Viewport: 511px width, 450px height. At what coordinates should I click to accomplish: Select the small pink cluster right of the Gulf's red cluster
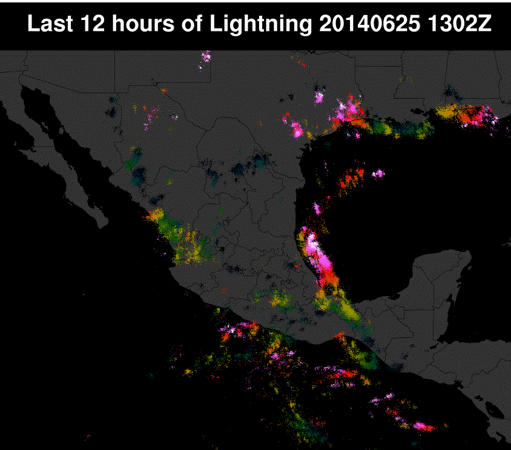[x=378, y=174]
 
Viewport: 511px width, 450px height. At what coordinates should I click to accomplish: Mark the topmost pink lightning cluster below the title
[x=206, y=58]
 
